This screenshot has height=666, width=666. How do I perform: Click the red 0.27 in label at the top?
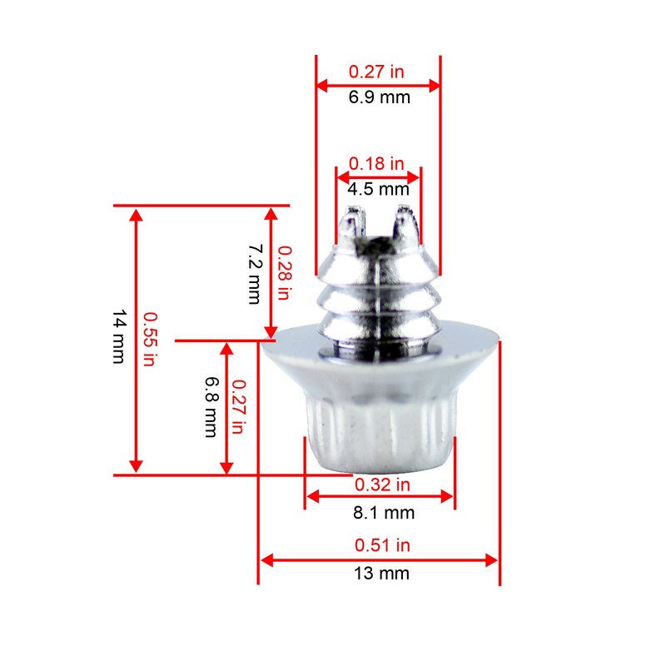tap(376, 72)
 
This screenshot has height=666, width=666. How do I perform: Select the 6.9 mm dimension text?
tap(379, 97)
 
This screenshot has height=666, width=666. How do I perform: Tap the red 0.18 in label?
tap(376, 163)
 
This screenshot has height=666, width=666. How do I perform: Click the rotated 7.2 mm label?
tap(256, 274)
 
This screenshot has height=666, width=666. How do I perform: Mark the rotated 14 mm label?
tap(119, 337)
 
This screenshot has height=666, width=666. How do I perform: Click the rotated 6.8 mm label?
tap(210, 407)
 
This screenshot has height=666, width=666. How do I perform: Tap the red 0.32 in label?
tap(382, 485)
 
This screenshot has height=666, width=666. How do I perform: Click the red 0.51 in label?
tap(382, 546)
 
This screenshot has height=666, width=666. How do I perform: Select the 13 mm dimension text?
tap(382, 574)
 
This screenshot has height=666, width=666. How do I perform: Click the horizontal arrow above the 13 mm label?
tap(380, 559)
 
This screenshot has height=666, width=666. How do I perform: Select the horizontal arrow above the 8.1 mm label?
tap(380, 498)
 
